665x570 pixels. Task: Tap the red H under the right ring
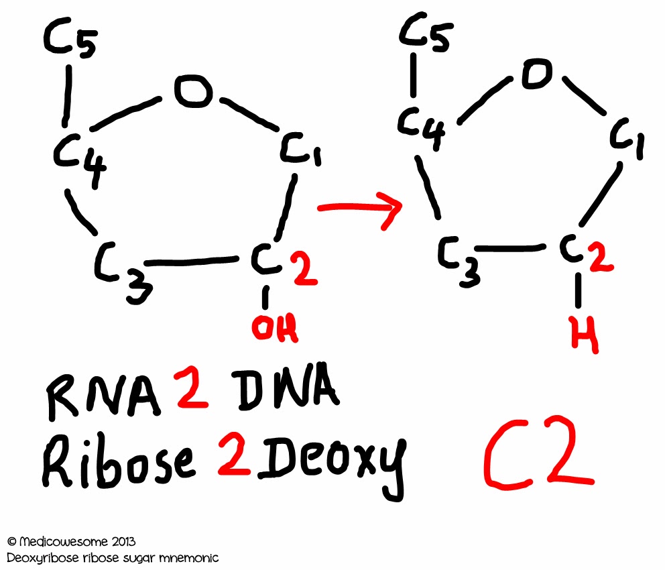click(x=585, y=333)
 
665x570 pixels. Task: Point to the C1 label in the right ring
click(x=629, y=139)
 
